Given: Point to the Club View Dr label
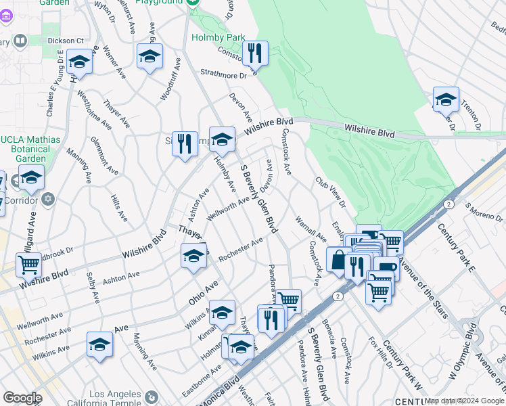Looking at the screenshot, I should (330, 193).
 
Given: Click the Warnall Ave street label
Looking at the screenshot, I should (311, 229).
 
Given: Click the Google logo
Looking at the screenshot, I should (22, 398).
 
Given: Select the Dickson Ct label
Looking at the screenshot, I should (65, 40).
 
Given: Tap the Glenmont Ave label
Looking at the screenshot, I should (100, 156).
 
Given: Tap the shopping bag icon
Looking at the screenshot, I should (338, 259).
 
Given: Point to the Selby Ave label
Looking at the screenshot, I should (93, 287).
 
